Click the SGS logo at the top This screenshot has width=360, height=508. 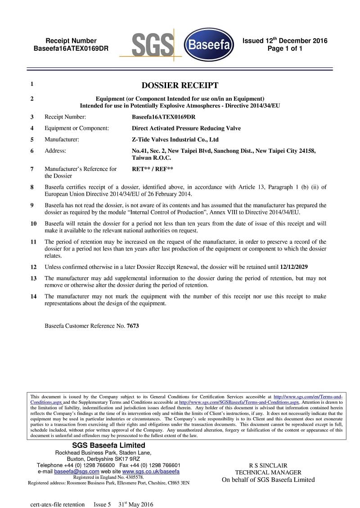(152, 45)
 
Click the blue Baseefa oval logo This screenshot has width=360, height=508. (209, 45)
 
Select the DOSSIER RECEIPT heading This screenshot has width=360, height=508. (180, 85)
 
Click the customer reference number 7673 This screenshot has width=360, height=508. (133, 326)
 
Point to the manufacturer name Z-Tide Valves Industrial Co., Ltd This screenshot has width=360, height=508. (175, 140)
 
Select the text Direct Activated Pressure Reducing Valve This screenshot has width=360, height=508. (186, 128)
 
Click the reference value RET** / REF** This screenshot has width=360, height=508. (152, 169)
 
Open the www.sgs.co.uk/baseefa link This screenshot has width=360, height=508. (151, 472)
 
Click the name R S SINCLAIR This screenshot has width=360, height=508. (268, 465)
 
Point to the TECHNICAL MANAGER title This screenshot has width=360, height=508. (268, 472)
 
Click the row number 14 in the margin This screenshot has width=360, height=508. (34, 297)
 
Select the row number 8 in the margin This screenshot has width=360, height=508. (32, 187)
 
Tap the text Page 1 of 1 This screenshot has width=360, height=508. (284, 49)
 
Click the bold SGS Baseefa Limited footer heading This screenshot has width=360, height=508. (108, 446)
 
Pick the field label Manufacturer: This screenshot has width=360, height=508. (62, 140)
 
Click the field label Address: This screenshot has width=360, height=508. (55, 151)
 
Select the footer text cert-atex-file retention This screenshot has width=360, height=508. (57, 504)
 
